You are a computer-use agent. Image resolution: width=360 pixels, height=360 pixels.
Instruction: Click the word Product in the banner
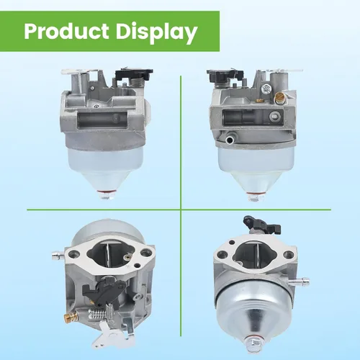tap(66, 32)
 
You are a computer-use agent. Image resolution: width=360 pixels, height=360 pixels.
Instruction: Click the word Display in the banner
tap(157, 33)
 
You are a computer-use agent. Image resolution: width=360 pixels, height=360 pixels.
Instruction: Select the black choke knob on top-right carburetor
tap(224, 74)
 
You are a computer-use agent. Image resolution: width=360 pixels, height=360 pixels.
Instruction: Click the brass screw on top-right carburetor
tap(279, 98)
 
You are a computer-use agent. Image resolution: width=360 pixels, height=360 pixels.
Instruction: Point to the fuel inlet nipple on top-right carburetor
tap(229, 139)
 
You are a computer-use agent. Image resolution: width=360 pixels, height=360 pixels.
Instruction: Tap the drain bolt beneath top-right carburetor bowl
tap(256, 197)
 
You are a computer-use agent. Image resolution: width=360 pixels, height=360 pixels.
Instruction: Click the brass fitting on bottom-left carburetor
tap(71, 315)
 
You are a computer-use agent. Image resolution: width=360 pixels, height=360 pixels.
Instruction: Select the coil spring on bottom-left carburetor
tap(96, 313)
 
